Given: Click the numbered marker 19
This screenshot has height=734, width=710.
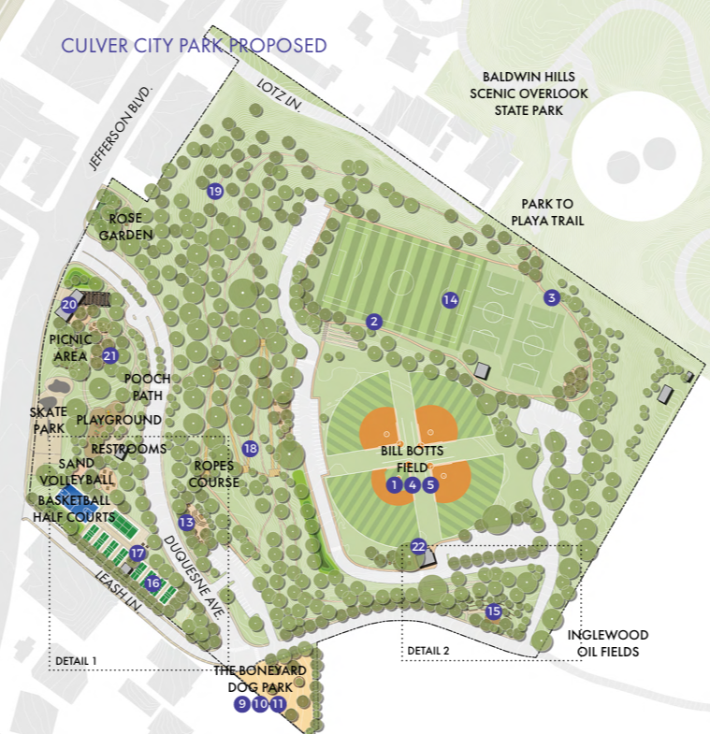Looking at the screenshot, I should [215, 192].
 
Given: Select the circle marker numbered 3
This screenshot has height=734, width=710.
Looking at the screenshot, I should [552, 298].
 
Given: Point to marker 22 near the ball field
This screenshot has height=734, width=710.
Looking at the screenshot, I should [419, 547].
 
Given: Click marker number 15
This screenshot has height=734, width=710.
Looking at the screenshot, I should [494, 612].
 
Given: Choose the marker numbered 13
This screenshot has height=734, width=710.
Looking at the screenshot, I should [186, 523].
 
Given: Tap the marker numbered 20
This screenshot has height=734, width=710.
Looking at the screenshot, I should [69, 305].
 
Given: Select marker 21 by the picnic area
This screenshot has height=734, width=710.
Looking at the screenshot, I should [109, 355].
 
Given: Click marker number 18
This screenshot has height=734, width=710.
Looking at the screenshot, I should [250, 449].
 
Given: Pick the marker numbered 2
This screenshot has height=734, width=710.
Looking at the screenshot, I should [373, 322].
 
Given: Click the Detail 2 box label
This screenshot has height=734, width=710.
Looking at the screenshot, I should [428, 651].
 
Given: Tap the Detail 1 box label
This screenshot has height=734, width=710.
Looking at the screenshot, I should [77, 661].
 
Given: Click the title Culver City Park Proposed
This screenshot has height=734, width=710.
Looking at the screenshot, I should [194, 45].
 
